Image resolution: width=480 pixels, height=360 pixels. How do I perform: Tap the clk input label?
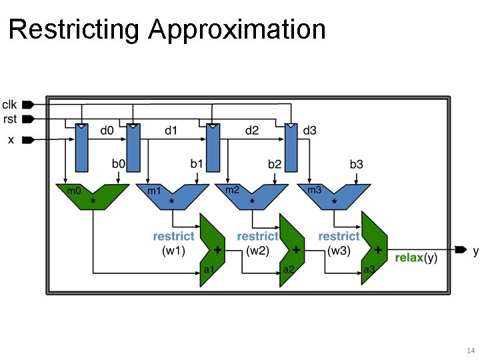point(10,104)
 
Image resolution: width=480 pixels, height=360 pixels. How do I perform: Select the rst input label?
point(9,119)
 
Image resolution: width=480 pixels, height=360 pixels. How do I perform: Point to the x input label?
point(11,139)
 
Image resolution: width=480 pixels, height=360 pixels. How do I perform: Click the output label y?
point(475,251)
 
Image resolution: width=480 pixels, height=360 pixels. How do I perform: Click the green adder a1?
point(213,250)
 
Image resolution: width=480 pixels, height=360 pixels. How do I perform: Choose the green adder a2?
point(291,250)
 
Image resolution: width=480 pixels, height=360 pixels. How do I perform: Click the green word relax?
point(409,257)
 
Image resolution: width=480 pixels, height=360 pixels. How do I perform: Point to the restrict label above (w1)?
point(173,236)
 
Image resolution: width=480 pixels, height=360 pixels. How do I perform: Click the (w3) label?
point(339,251)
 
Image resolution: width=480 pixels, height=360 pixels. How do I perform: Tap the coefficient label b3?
point(357,164)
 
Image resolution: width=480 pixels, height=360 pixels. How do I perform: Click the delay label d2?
point(251,131)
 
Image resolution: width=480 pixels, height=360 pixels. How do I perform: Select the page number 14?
point(469,351)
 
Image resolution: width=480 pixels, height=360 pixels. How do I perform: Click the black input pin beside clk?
point(27,105)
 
